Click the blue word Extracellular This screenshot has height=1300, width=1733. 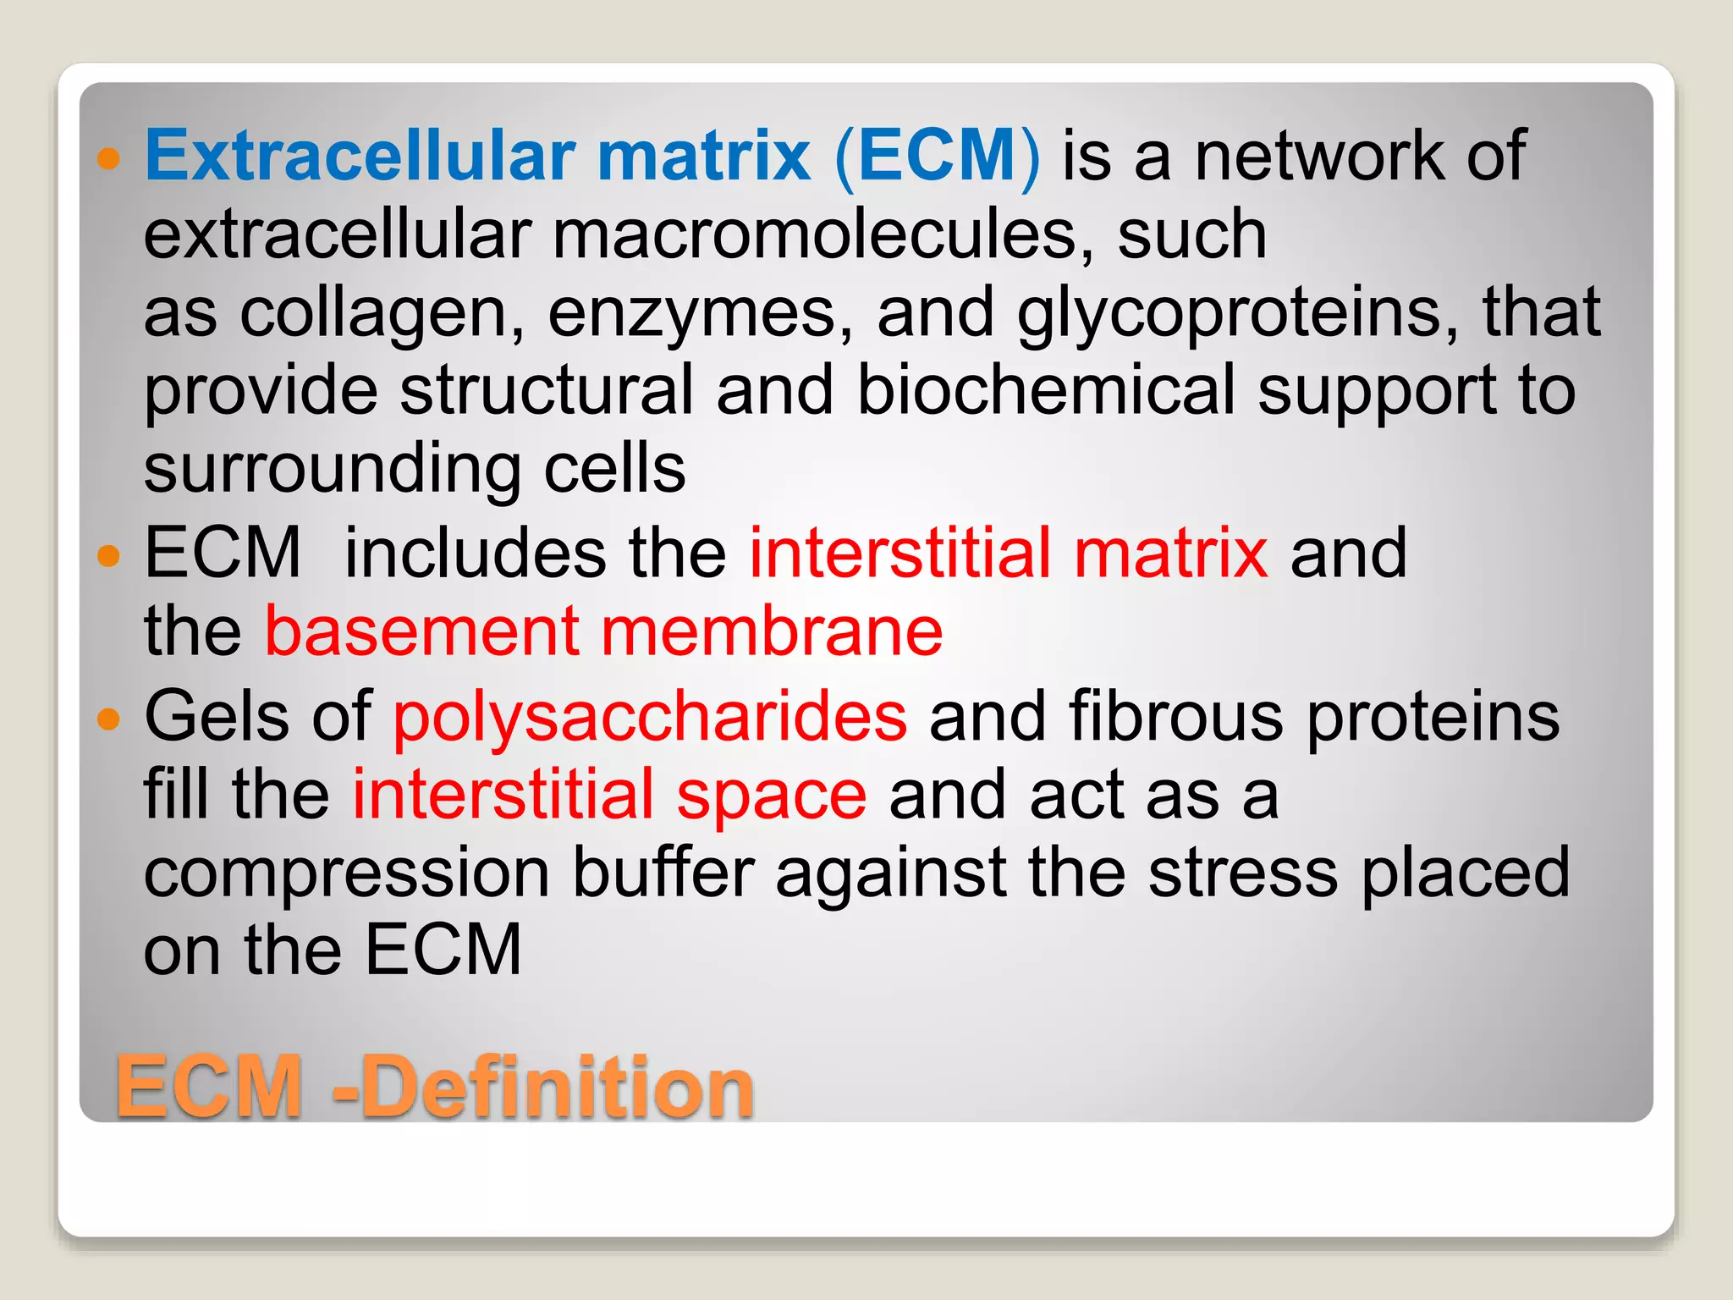pyautogui.click(x=360, y=156)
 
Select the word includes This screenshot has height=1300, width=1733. pyautogui.click(x=475, y=553)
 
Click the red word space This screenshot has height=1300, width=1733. pyautogui.click(x=771, y=796)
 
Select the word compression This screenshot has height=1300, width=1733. pyautogui.click(x=347, y=874)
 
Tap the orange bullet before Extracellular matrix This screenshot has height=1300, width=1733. pyautogui.click(x=109, y=157)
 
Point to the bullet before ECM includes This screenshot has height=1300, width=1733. pyautogui.click(x=109, y=555)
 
